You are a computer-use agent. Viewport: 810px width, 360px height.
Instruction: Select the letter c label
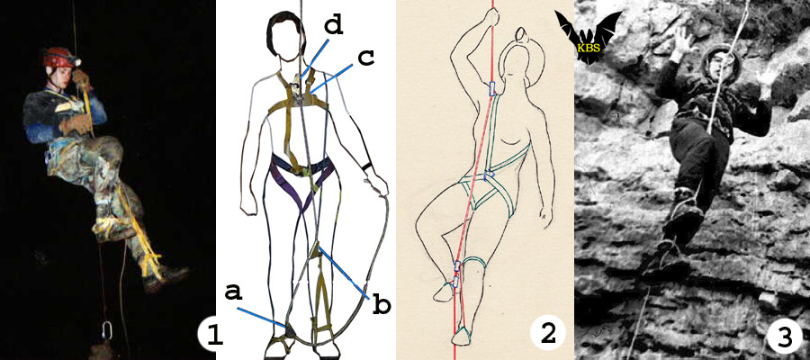pyautogui.click(x=366, y=58)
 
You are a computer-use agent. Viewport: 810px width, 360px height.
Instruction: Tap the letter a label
pyautogui.click(x=234, y=292)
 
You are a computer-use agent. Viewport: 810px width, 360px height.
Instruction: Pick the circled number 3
pyautogui.click(x=785, y=338)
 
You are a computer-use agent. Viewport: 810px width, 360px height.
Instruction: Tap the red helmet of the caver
pyautogui.click(x=58, y=57)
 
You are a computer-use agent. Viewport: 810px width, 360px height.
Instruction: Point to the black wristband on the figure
pyautogui.click(x=367, y=166)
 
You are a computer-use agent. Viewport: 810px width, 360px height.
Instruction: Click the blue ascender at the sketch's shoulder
pyautogui.click(x=490, y=89)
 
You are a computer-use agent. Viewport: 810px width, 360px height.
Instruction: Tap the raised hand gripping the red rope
pyautogui.click(x=491, y=18)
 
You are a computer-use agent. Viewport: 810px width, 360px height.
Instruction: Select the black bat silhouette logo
pyautogui.click(x=589, y=37)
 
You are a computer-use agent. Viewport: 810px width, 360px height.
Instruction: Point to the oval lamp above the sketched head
pyautogui.click(x=523, y=36)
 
